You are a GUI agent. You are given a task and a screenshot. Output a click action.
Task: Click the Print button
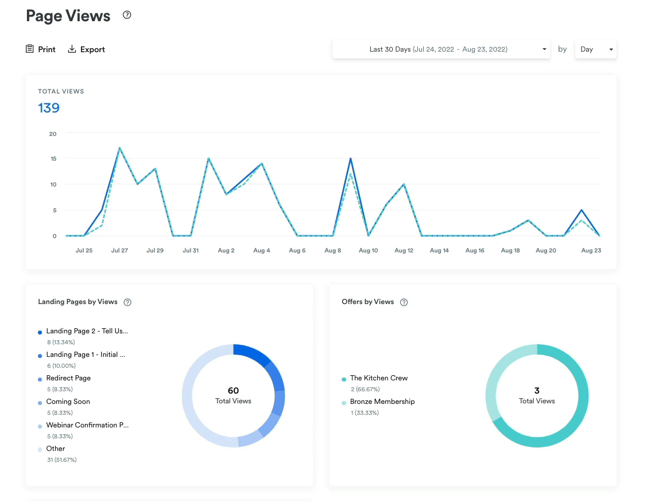41,49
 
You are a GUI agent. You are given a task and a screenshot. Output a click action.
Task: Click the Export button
87,49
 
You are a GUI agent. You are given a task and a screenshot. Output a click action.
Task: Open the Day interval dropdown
595,49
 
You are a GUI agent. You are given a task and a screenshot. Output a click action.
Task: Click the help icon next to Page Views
127,15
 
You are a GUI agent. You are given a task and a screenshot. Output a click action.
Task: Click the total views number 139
49,108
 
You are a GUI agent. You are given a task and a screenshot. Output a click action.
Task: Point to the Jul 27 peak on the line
119,148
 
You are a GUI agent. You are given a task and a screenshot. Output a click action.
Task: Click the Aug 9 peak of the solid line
350,158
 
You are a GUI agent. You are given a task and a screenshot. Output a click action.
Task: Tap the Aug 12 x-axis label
404,251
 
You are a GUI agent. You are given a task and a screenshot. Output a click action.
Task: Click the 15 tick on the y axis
53,158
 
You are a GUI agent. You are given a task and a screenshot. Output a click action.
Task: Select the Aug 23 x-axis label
591,251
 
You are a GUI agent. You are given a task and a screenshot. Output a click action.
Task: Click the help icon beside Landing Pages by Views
127,302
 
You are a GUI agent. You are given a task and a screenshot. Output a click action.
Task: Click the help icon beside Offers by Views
404,302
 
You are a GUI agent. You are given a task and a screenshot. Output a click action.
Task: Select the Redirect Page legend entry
68,378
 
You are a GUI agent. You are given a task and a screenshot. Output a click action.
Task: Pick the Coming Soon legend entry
68,402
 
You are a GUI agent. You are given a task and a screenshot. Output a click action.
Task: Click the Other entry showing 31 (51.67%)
56,449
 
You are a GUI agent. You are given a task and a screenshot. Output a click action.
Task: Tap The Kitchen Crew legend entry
379,378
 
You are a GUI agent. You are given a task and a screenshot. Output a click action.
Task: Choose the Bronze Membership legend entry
382,402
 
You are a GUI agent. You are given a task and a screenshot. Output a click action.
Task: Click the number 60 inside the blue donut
233,391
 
